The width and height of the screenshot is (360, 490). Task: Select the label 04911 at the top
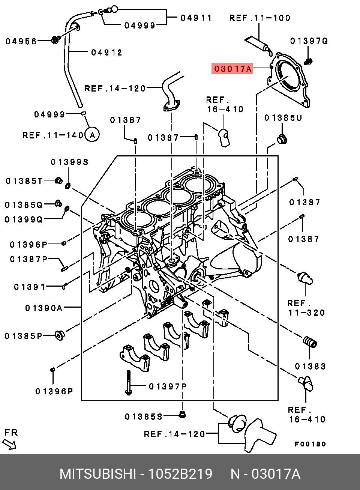[196, 18]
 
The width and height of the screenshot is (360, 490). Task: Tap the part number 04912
[107, 53]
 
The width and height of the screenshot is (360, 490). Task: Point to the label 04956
[21, 41]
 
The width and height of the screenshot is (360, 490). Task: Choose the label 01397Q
[309, 41]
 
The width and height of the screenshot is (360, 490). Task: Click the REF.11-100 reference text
[260, 18]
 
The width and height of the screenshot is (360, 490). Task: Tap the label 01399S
[69, 162]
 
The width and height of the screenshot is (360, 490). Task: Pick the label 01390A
[44, 308]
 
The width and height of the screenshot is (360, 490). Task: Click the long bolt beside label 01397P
[128, 382]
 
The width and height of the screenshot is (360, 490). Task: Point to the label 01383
[310, 366]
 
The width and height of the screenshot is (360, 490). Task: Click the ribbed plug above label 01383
[310, 343]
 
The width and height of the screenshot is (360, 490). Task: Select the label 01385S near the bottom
[144, 416]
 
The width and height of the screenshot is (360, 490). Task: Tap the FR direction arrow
[10, 444]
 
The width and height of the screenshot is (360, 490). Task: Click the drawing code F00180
[310, 444]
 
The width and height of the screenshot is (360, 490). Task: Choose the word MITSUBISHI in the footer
[97, 474]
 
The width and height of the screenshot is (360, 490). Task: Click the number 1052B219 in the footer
[181, 474]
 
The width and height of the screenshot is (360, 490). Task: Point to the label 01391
[30, 287]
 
